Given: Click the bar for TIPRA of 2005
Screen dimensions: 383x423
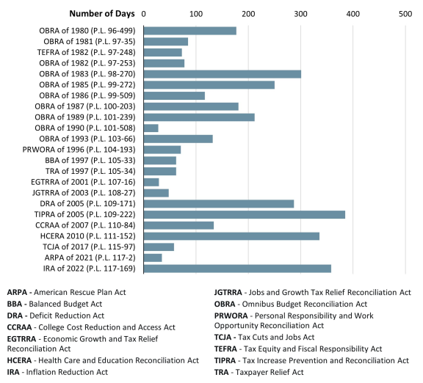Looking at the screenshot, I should click(x=244, y=214).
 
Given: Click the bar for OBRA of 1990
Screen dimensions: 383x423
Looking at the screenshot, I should click(x=151, y=128).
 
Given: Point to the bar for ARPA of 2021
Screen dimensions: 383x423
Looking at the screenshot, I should click(x=153, y=258).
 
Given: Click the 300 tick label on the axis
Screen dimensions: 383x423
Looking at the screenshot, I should click(x=300, y=13).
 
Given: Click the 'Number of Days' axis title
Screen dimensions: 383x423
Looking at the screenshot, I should click(x=100, y=13).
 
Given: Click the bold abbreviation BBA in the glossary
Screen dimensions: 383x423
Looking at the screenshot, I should click(x=15, y=302).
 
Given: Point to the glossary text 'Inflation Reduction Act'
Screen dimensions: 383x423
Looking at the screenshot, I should click(x=66, y=371).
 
